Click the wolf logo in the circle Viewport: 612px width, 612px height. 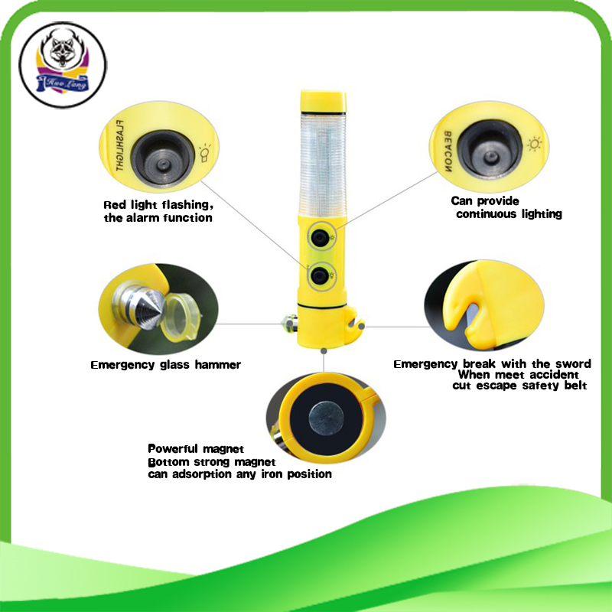[63, 64]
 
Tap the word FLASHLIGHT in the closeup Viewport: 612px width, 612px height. [120, 145]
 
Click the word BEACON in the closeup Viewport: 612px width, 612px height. [448, 151]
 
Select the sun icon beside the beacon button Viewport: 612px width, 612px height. [535, 144]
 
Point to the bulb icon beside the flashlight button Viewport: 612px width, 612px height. [205, 154]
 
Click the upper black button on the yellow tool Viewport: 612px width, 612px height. [320, 238]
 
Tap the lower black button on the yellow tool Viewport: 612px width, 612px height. [320, 276]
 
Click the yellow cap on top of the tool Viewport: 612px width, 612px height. [323, 102]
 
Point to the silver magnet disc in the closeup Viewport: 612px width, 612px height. [326, 418]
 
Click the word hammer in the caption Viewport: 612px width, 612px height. [217, 365]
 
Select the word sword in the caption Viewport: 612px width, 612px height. [575, 364]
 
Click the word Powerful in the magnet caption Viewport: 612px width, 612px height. [174, 449]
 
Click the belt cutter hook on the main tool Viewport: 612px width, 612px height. [353, 324]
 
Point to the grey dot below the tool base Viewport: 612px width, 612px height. [324, 351]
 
